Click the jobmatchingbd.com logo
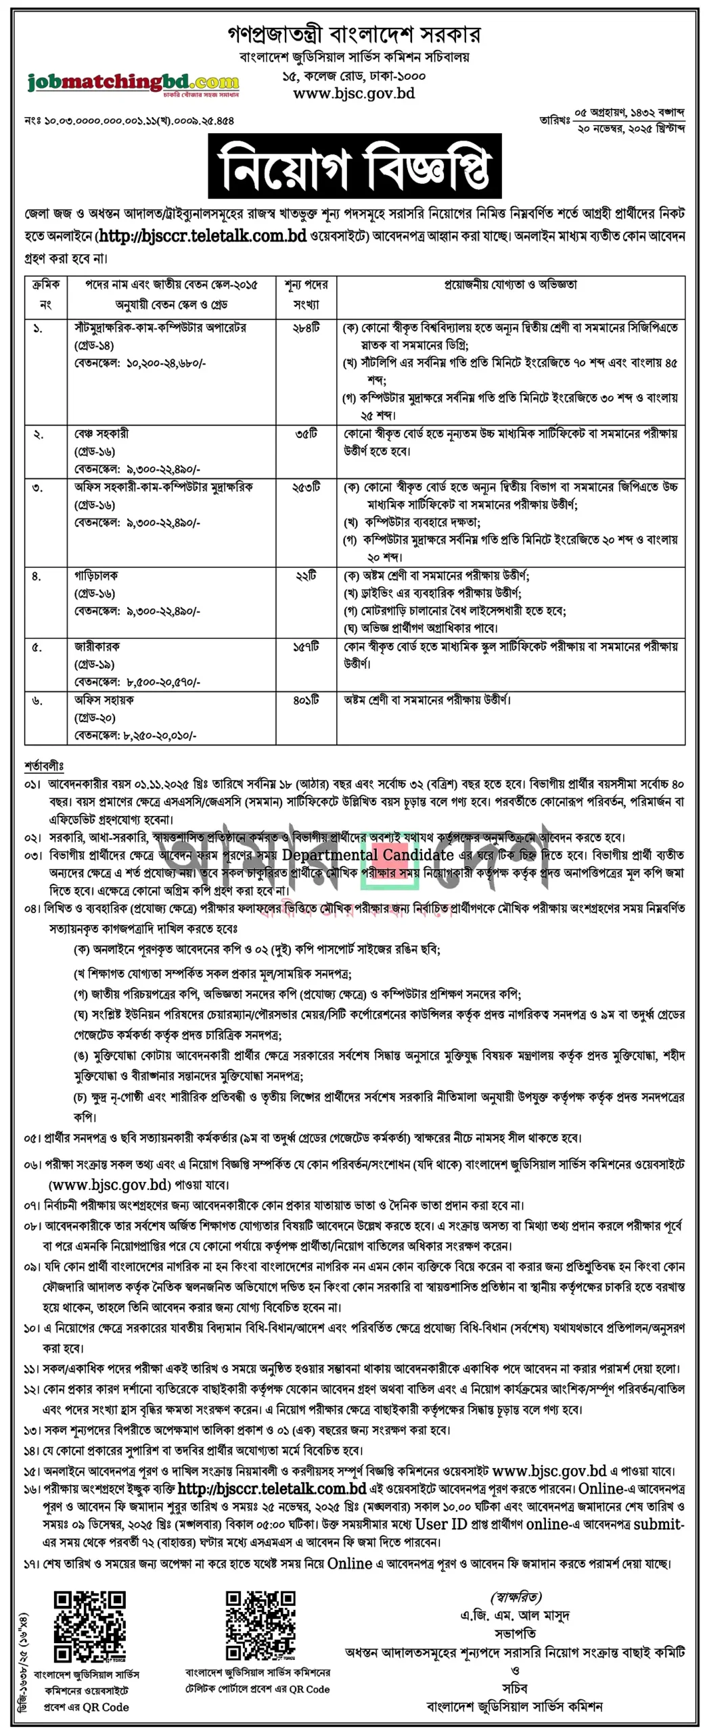point(133,84)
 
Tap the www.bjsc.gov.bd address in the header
point(353,93)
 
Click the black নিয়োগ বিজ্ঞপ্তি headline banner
point(355,166)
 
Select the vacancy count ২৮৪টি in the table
point(306,328)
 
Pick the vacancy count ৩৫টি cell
point(306,433)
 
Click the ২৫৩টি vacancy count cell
point(306,487)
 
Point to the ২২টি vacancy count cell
point(306,575)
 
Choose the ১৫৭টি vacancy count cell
point(306,647)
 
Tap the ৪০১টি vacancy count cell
point(306,700)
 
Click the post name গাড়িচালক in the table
point(96,575)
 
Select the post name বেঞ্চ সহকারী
point(101,433)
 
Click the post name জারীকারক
point(97,647)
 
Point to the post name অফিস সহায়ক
point(104,700)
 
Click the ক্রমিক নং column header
point(46,294)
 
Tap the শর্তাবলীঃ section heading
point(44,766)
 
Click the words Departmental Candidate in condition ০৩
point(367,855)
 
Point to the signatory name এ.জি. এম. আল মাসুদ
point(515,1615)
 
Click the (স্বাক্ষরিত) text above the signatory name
point(516,1597)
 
